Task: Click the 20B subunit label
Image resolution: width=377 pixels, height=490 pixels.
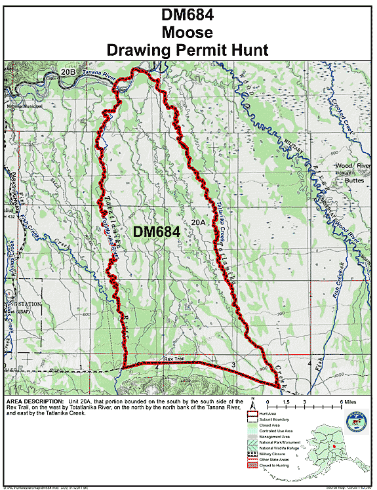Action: point(68,70)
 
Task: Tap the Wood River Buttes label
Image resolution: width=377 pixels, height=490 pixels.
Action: point(353,172)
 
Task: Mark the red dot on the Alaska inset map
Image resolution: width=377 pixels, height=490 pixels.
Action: point(334,447)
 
